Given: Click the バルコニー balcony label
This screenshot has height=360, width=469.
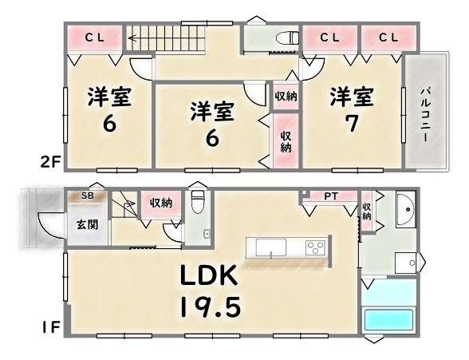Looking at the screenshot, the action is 426,115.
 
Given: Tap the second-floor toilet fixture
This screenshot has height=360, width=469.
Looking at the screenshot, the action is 287,38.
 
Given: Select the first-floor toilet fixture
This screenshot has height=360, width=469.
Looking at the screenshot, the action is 198,201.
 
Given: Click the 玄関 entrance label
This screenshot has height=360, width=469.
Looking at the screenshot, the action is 88,224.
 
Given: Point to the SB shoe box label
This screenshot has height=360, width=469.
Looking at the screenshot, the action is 88,196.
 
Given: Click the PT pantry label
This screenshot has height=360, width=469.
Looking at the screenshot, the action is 332,196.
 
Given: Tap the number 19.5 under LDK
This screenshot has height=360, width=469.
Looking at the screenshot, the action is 211,307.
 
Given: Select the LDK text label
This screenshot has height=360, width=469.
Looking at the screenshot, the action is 209,275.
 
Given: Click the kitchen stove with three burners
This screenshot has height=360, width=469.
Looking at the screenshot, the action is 315,248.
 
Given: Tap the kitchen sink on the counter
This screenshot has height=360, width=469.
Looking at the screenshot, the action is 271,247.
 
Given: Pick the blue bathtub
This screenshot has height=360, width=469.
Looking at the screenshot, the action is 388,320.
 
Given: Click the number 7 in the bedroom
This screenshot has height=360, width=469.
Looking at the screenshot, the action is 352,123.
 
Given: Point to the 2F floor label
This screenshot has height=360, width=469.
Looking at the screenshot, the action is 50,163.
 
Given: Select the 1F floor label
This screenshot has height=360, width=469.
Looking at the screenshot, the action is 51,327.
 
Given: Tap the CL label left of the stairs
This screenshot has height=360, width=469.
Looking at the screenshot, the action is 94,38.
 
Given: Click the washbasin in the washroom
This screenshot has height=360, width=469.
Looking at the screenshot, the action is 406,209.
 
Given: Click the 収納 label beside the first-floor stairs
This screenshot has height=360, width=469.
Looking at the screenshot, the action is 161,204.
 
